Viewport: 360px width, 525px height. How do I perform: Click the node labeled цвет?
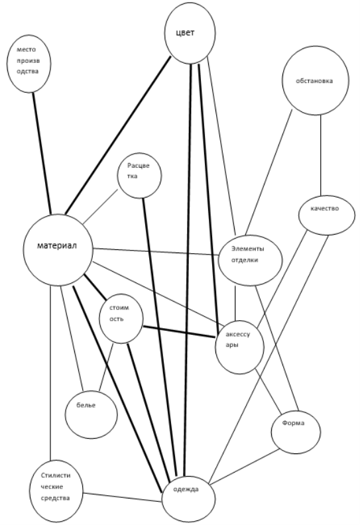pos(190,33)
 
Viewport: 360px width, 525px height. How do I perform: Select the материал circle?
pos(58,250)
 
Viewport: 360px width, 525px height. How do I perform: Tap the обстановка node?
pos(315,80)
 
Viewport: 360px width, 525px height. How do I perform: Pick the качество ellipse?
pos(326,215)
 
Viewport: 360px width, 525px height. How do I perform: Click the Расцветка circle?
pos(139,176)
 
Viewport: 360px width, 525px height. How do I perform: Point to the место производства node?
pos(29,63)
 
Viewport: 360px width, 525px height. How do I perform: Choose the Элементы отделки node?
pos(250,260)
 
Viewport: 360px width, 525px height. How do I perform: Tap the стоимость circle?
pos(121,318)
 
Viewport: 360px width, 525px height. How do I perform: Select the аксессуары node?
pos(239,347)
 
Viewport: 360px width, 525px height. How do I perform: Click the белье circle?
pos(91,414)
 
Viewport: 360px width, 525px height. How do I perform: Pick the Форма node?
pos(296,432)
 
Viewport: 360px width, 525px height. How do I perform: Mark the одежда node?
pos(188,499)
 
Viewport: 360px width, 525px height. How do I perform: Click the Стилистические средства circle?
pos(56,491)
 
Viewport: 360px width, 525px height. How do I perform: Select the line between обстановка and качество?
pos(321,156)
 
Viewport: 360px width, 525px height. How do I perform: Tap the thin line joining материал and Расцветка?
pos(101,207)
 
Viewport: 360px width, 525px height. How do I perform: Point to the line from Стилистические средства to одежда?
pos(123,497)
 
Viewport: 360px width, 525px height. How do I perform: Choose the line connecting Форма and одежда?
pos(244,467)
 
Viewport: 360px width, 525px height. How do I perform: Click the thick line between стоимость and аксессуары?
pos(179,332)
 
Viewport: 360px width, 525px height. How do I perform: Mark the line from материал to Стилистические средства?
pos(50,373)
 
